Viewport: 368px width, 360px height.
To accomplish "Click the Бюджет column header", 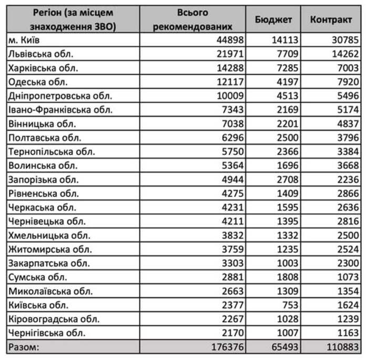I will pyautogui.click(x=273, y=19).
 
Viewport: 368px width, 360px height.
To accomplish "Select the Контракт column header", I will pyautogui.click(x=331, y=19).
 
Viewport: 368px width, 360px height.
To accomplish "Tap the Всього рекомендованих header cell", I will pyautogui.click(x=192, y=19).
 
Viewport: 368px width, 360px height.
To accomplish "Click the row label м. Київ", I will pyautogui.click(x=26, y=41).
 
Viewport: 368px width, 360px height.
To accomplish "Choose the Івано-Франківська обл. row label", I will pyautogui.click(x=60, y=110).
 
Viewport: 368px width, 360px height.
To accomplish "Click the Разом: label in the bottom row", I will pyautogui.click(x=24, y=347).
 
